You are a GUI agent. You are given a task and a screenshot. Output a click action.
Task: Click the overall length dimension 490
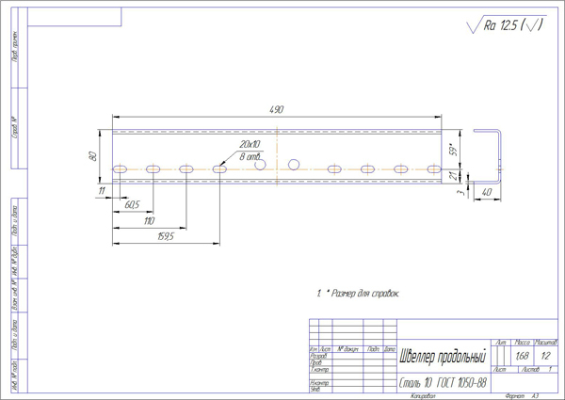[x=277, y=111]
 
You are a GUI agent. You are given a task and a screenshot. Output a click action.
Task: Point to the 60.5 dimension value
[x=132, y=204]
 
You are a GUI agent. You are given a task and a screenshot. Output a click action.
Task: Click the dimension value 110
[x=148, y=220]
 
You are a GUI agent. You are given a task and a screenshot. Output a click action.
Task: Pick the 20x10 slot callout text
[x=249, y=144]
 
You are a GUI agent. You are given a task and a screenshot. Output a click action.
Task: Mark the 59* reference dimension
[x=452, y=149]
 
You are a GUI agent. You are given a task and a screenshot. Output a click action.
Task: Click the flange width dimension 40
[x=487, y=192]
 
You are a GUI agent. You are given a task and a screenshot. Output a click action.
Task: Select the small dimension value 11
[x=101, y=190]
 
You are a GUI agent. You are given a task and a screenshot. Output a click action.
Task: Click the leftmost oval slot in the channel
[x=121, y=169]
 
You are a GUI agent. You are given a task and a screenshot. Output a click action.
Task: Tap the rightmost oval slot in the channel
[x=433, y=169]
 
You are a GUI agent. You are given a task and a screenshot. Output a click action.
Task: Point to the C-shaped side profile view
[x=491, y=154]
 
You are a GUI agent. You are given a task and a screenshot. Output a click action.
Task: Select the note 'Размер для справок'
[x=359, y=294]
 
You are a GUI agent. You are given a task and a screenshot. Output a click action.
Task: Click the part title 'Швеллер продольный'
[x=442, y=357]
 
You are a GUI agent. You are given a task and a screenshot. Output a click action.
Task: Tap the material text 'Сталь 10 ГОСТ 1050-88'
[x=442, y=383]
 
